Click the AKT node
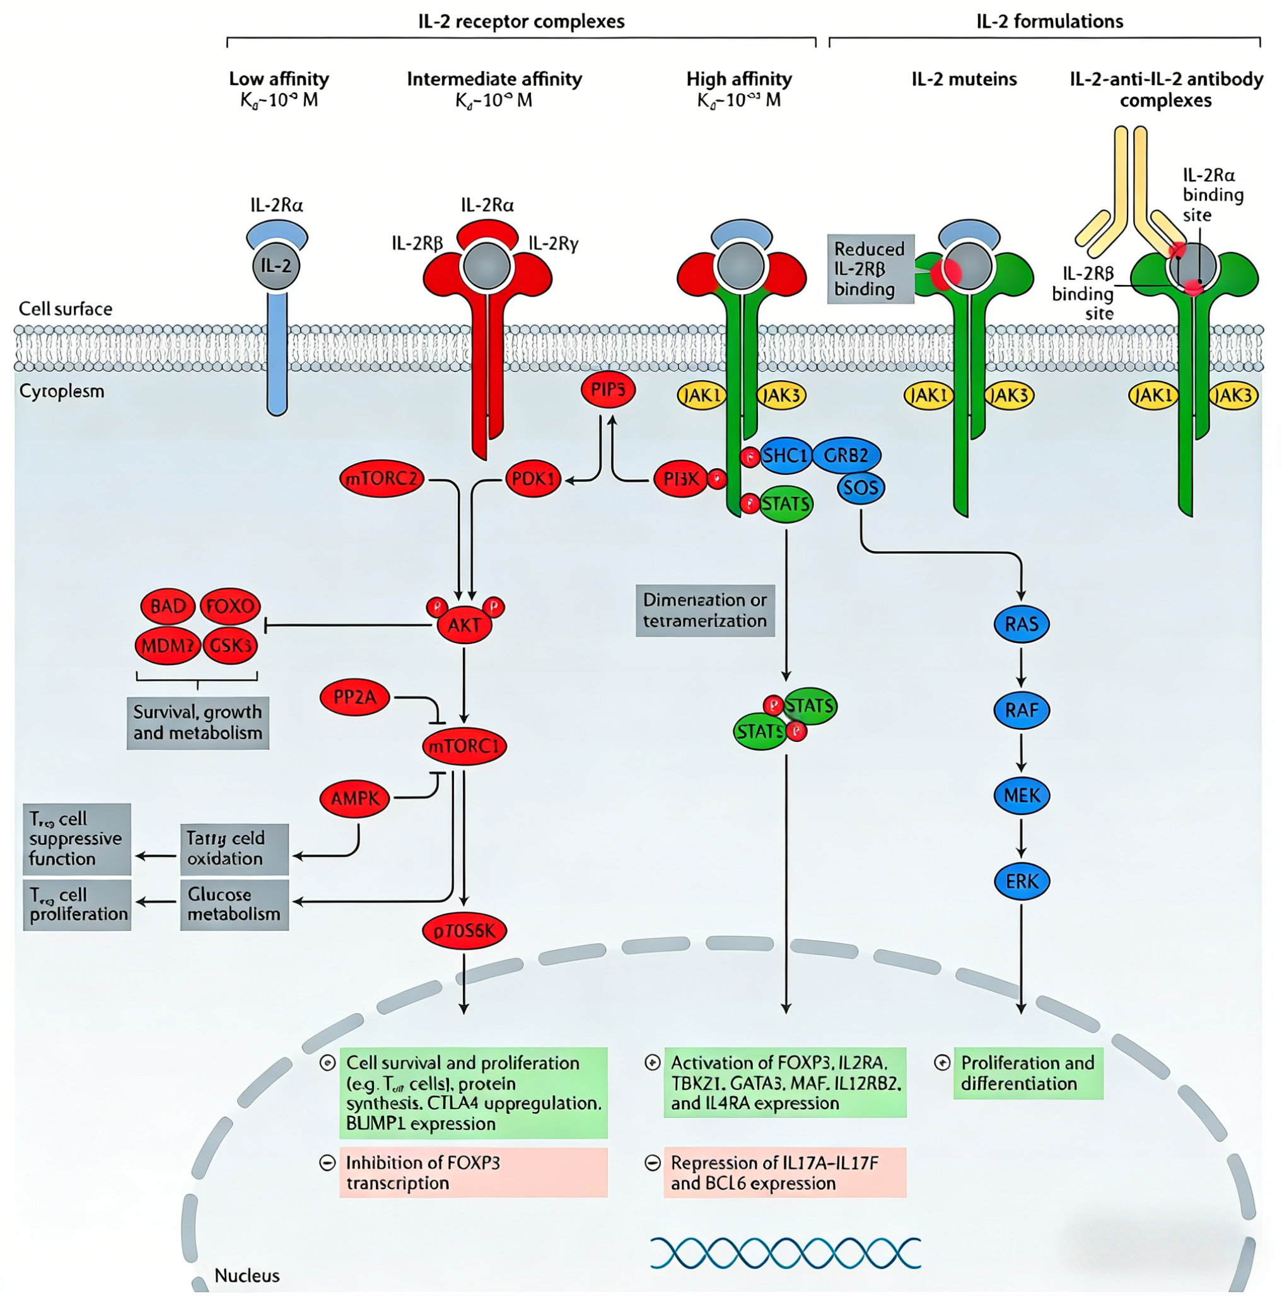(463, 625)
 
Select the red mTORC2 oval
(382, 479)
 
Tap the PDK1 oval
(532, 479)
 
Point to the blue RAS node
(1021, 624)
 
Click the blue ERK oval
(1021, 881)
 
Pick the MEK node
(1021, 796)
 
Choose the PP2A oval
(354, 697)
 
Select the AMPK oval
(354, 799)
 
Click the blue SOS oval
(860, 487)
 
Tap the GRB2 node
(846, 456)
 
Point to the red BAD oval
(168, 606)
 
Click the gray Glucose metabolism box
(234, 904)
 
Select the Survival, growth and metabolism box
(198, 723)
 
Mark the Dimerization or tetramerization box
(704, 610)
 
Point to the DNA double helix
(784, 1253)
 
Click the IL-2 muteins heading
(964, 79)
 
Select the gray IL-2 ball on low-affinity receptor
(276, 266)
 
